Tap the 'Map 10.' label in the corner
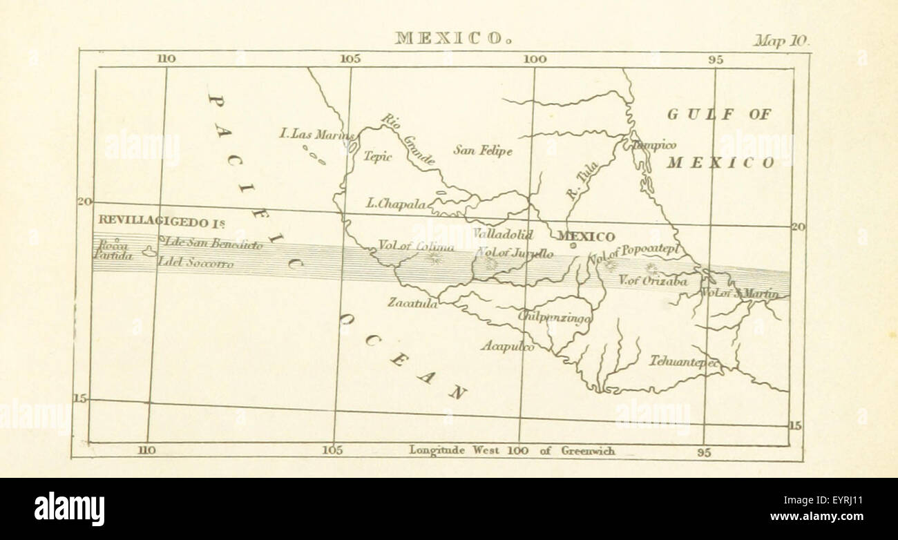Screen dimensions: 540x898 click(x=781, y=41)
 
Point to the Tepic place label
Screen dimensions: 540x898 click(x=377, y=156)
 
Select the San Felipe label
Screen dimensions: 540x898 click(x=483, y=150)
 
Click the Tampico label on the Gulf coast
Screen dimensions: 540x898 click(x=653, y=145)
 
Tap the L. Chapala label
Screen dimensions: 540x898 click(x=396, y=204)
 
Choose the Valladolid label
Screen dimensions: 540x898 click(x=503, y=233)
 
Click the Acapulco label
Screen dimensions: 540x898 click(x=507, y=346)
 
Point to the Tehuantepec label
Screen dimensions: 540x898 click(x=685, y=361)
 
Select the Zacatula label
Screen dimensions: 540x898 click(x=412, y=302)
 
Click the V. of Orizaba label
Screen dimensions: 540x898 click(x=652, y=281)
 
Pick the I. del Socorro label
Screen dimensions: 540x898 click(x=195, y=263)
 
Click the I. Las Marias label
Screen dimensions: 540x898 click(x=316, y=134)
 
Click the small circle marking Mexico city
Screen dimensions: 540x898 click(x=573, y=245)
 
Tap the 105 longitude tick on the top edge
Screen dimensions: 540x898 click(x=350, y=59)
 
